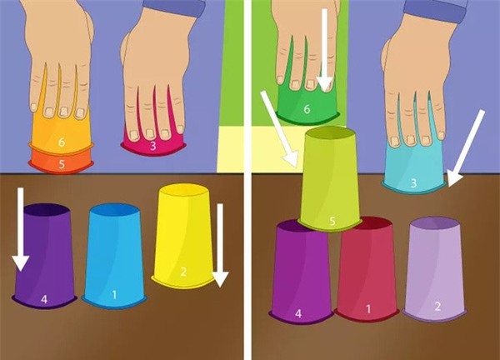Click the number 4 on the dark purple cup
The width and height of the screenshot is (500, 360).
click(x=44, y=299)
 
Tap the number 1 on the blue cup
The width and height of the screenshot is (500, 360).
click(x=114, y=295)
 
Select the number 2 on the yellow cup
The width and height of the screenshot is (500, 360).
click(x=183, y=272)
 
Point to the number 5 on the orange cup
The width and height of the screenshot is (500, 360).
click(x=62, y=164)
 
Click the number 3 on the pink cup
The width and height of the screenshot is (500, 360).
click(x=153, y=146)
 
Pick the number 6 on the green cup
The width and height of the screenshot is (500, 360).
click(x=307, y=109)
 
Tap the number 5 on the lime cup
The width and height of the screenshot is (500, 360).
click(x=332, y=221)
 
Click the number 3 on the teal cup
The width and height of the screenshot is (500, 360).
click(x=413, y=183)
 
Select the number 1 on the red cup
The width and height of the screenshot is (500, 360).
click(x=368, y=309)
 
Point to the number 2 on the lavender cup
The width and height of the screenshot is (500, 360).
click(x=437, y=307)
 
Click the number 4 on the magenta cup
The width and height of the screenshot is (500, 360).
click(x=298, y=314)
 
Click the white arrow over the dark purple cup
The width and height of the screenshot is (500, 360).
click(x=20, y=230)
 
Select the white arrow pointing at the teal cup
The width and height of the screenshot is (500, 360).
click(x=466, y=148)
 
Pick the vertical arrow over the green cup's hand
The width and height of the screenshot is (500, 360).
click(x=325, y=50)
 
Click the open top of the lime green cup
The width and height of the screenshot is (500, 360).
click(x=330, y=133)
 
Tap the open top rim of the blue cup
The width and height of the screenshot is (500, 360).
click(x=114, y=212)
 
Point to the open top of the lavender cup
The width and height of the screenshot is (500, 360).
click(x=435, y=223)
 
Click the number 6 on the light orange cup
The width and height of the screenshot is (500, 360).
click(x=62, y=142)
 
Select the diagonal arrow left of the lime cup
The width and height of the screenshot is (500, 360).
click(x=279, y=129)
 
